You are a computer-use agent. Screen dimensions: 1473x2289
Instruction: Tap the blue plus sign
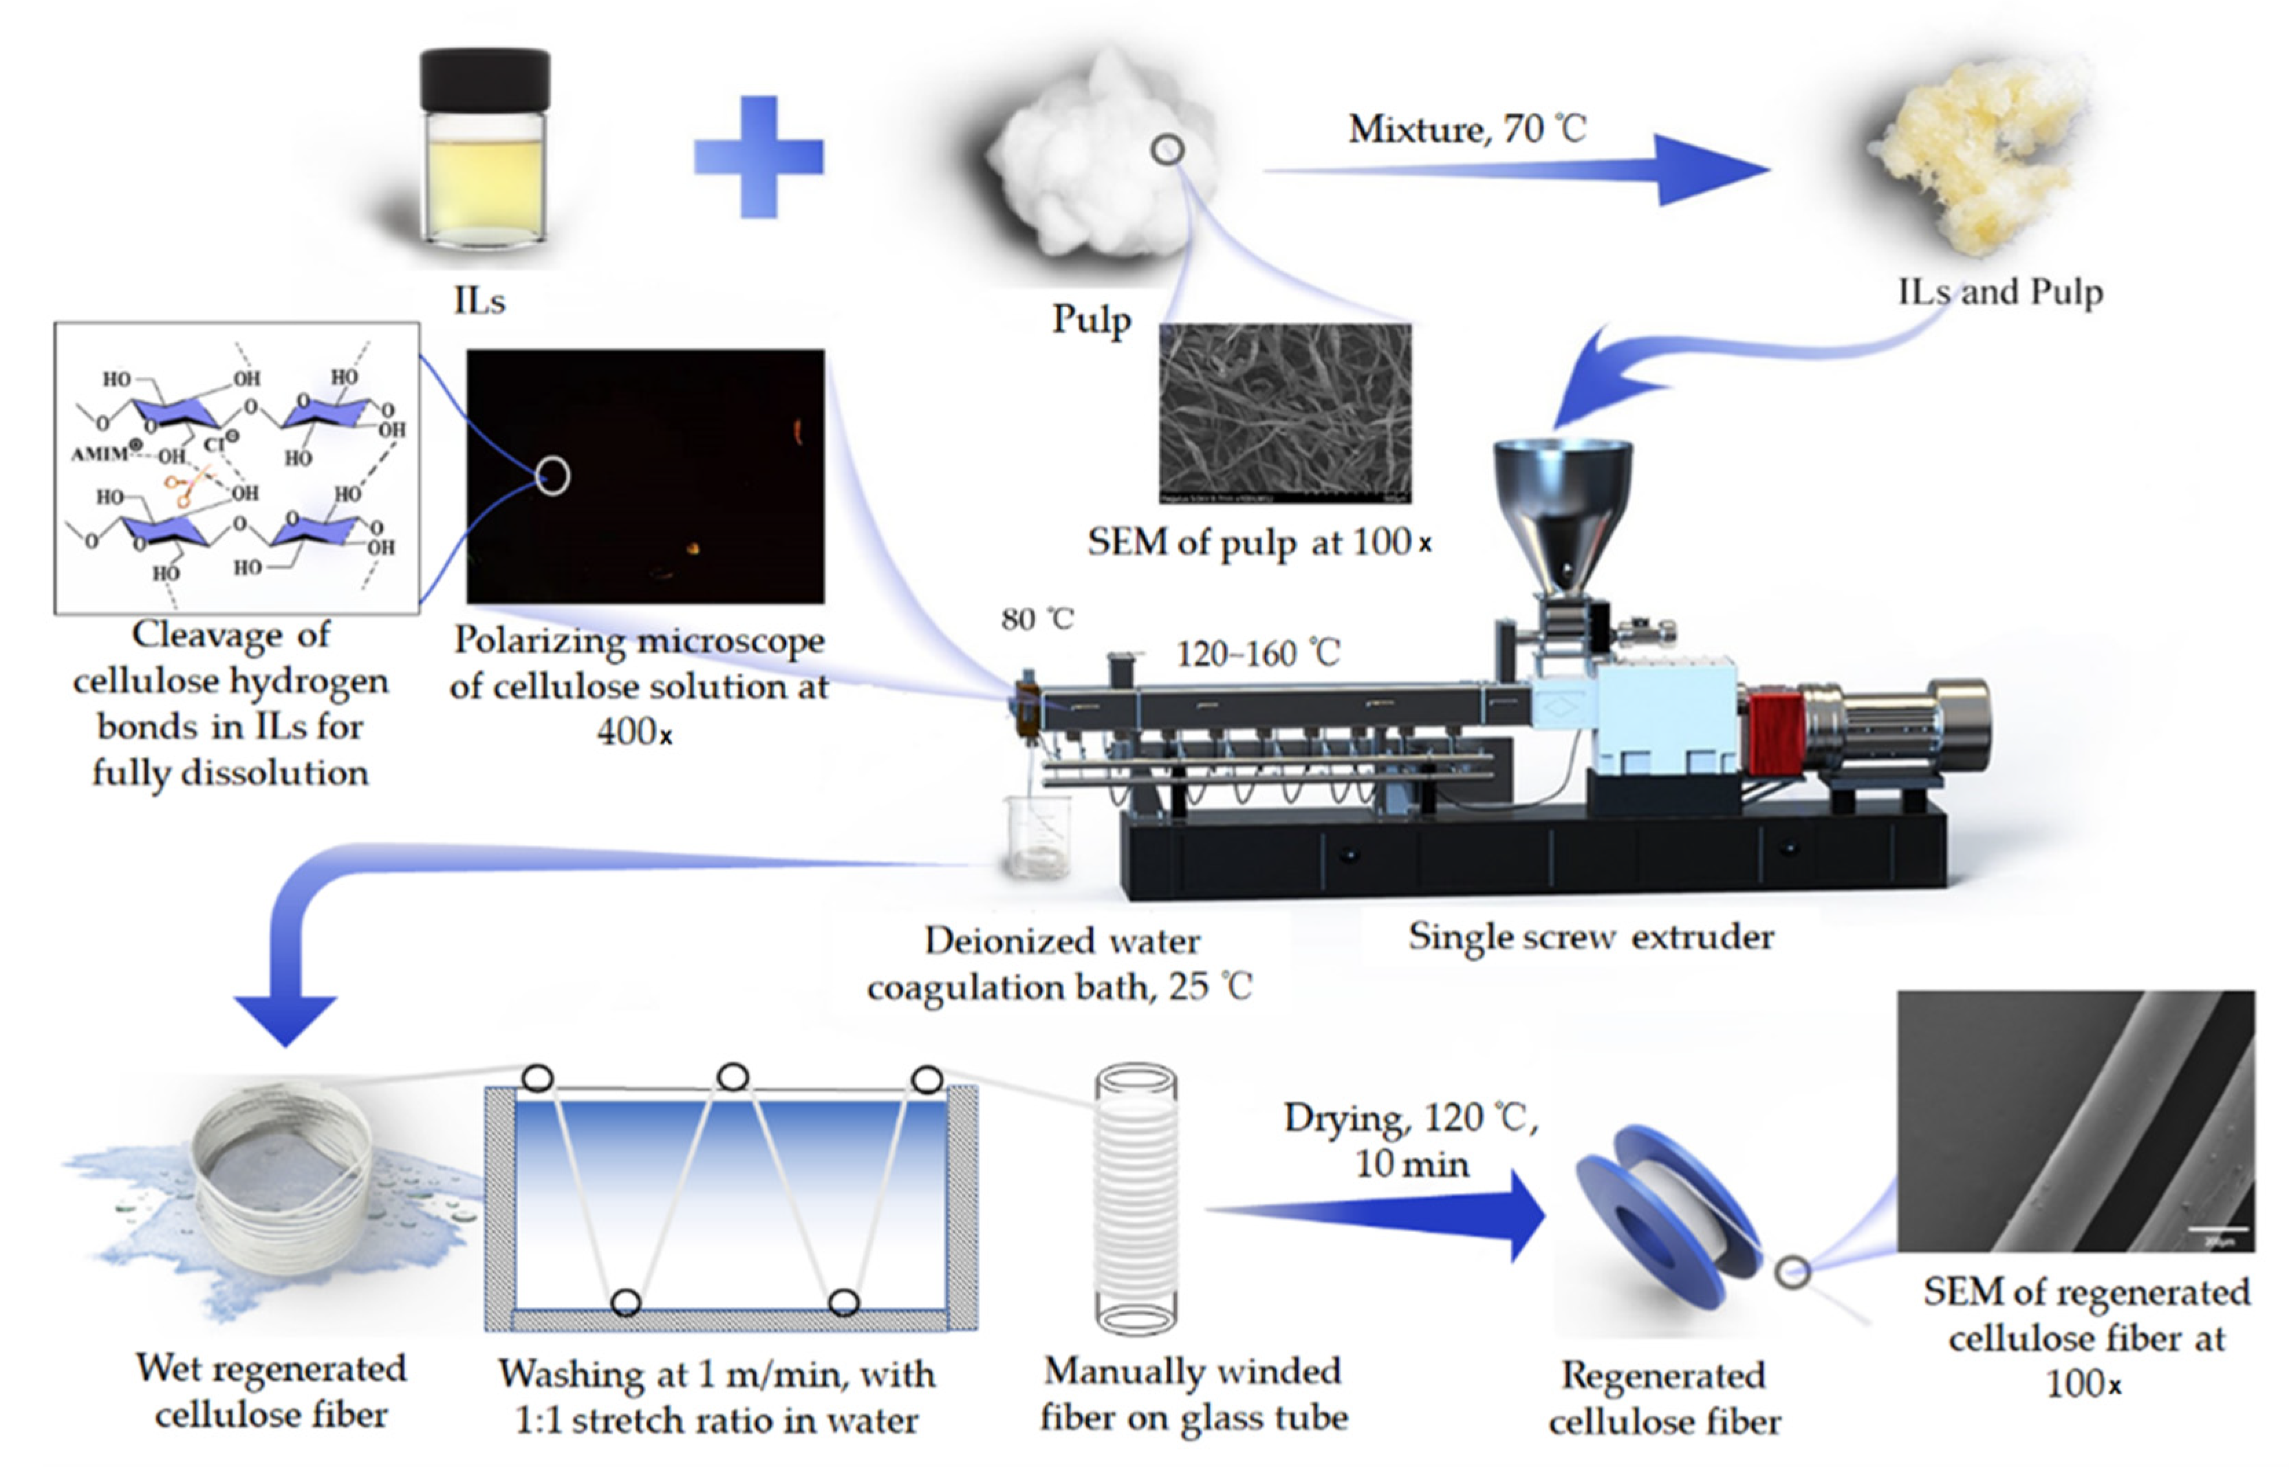[758, 157]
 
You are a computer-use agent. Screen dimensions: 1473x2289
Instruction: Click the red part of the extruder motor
[1775, 733]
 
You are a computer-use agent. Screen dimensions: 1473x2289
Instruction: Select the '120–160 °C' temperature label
[1257, 654]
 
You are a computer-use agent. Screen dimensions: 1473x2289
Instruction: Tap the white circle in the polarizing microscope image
[552, 475]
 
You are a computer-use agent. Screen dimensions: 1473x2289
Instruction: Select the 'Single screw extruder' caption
[1590, 936]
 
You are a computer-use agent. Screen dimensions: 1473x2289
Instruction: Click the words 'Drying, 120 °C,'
[1409, 1117]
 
